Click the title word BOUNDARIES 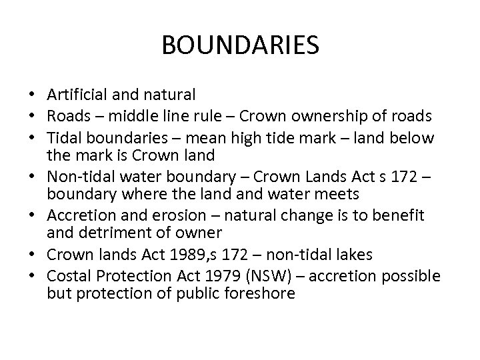pyautogui.click(x=240, y=46)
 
